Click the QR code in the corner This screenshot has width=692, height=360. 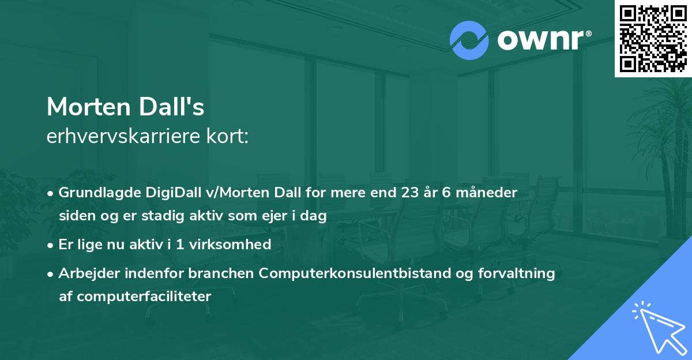pos(653,38)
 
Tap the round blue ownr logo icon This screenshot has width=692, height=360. pos(469,40)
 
